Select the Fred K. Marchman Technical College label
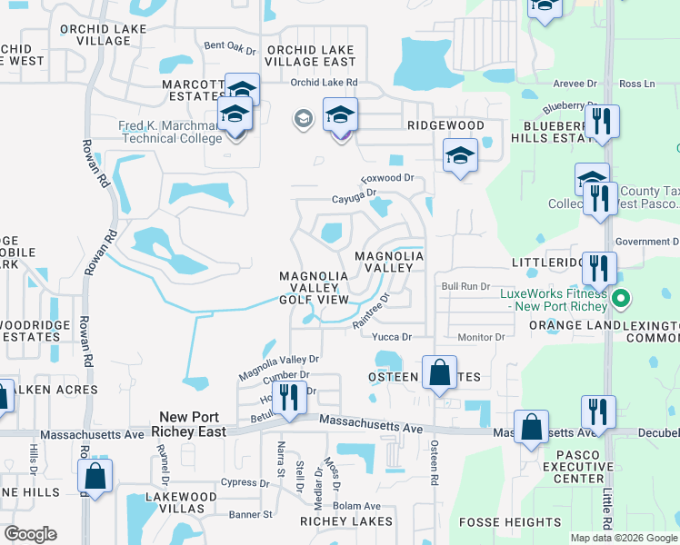(170, 133)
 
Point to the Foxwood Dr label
(387, 178)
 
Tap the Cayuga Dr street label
(354, 195)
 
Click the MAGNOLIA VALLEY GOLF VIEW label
(314, 287)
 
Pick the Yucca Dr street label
(392, 337)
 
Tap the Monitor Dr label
(481, 337)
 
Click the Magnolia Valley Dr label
(279, 367)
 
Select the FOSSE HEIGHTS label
(510, 522)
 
